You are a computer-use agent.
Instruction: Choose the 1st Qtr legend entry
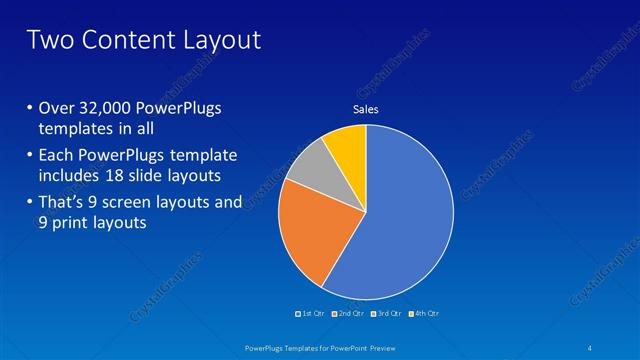coord(311,314)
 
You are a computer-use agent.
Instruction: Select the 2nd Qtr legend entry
coord(347,314)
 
